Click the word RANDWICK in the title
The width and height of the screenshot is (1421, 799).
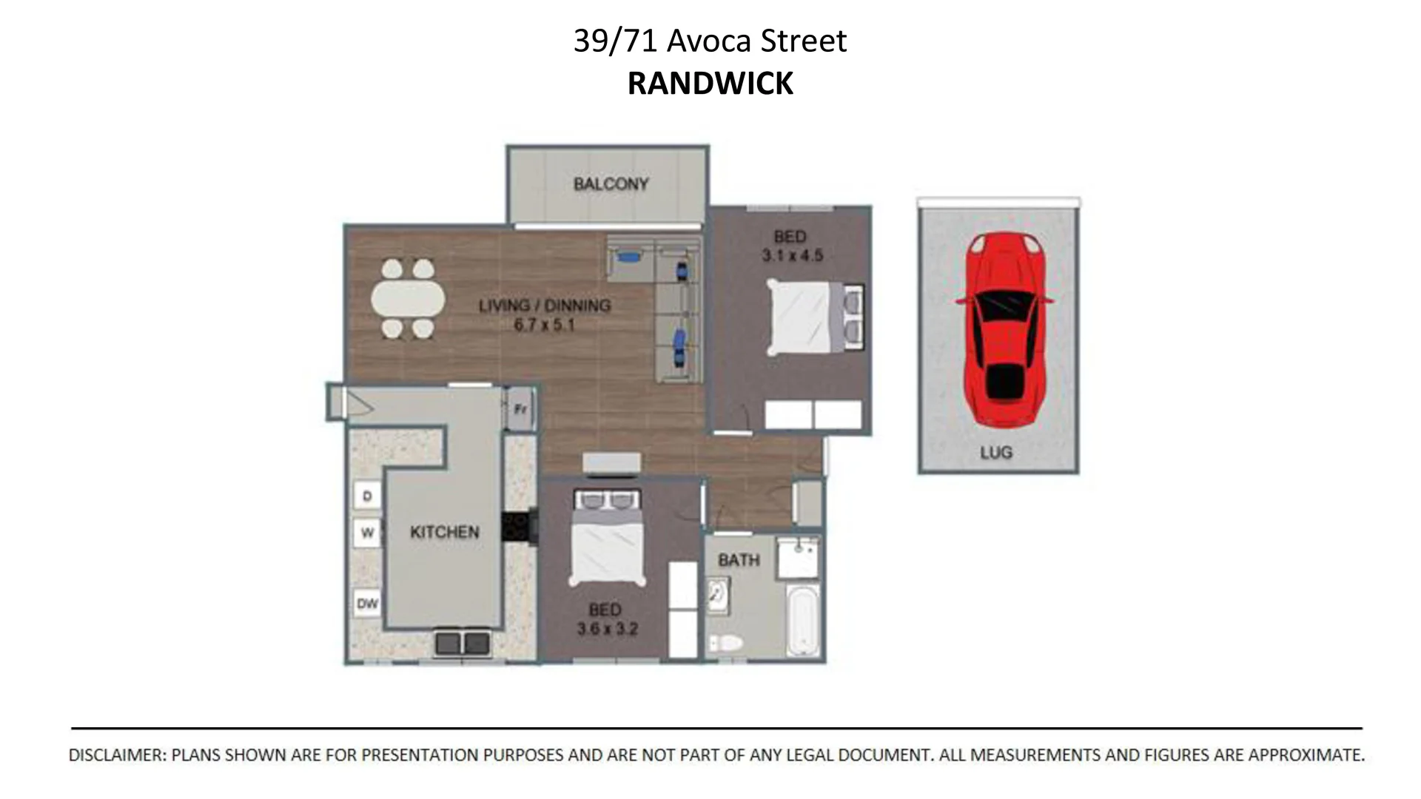710,84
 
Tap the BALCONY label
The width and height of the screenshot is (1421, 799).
611,183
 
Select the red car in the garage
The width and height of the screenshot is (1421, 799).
1004,329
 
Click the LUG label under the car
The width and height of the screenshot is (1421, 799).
996,452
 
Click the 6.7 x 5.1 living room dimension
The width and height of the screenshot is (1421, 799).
545,325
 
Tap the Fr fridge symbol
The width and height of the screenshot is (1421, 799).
520,408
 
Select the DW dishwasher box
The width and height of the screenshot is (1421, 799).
367,604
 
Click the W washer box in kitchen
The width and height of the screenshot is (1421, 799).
367,533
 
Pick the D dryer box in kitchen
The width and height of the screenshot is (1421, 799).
367,496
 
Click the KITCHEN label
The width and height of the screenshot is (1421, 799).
444,532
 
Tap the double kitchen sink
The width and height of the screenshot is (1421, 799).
463,642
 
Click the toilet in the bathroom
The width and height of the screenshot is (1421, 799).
725,642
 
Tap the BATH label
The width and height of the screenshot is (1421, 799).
739,560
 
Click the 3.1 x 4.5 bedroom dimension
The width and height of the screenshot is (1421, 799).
792,256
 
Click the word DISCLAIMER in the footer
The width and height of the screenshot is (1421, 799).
116,755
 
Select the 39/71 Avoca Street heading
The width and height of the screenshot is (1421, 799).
710,41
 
